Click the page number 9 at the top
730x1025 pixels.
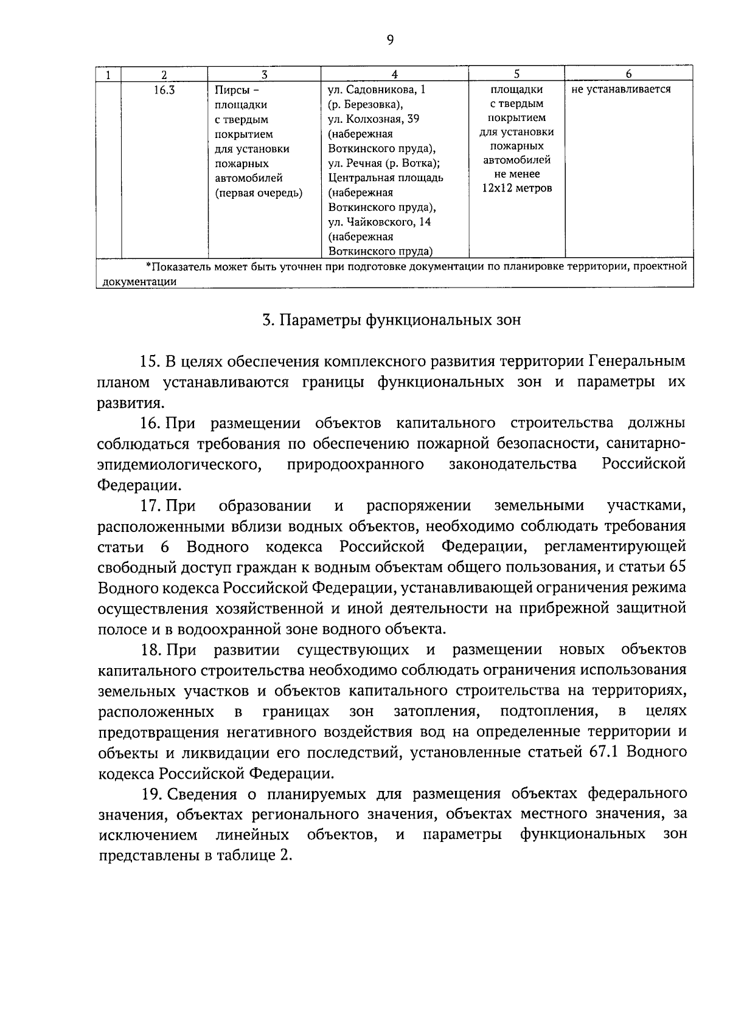pos(390,41)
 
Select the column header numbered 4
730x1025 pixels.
pos(395,74)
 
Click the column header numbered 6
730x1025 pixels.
pos(628,74)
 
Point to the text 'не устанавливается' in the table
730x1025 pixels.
pos(621,90)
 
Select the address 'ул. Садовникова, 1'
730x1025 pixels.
pos(377,90)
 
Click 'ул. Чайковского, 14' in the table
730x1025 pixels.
pos(380,222)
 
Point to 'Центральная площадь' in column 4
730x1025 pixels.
pos(386,178)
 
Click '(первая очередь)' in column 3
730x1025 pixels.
pos(259,193)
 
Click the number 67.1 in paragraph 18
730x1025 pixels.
pos(604,753)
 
